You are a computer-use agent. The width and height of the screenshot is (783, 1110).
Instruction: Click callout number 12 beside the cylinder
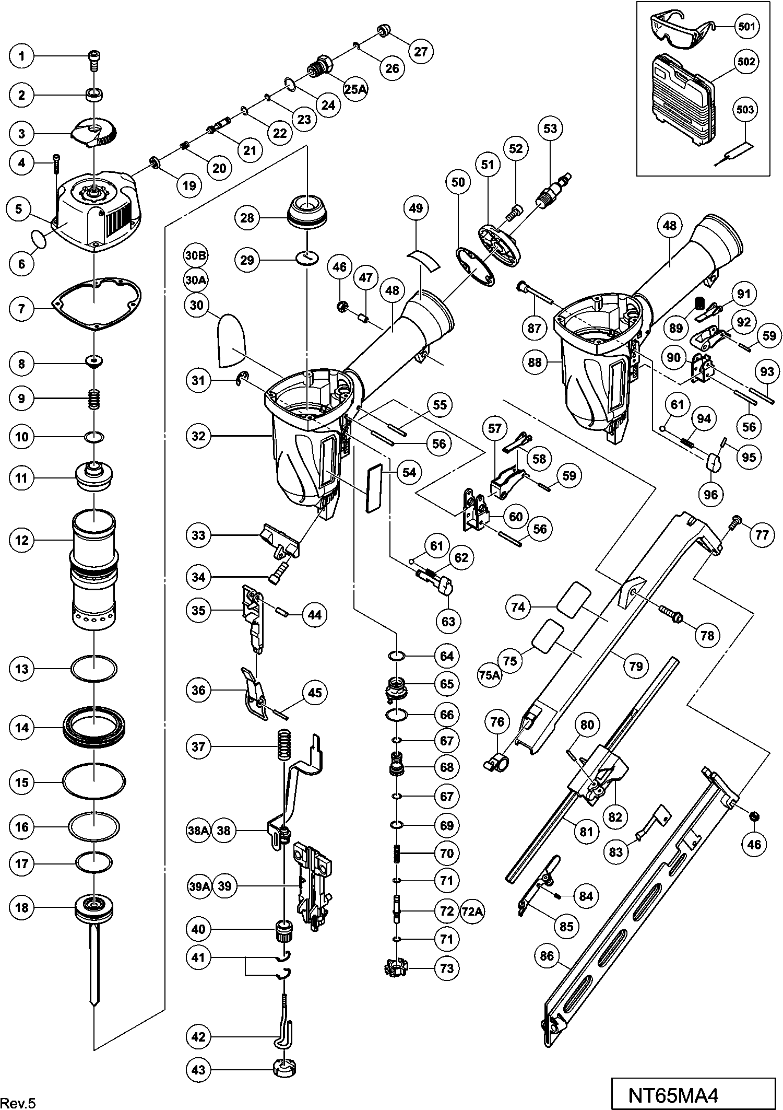click(22, 540)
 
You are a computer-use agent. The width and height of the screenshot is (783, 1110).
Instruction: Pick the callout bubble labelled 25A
click(355, 89)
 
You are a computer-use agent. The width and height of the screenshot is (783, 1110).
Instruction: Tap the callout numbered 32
click(198, 436)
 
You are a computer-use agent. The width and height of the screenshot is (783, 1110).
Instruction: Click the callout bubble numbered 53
click(550, 128)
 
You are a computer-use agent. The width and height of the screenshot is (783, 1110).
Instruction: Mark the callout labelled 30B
click(196, 255)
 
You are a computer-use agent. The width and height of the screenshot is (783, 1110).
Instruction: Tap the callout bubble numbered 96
click(710, 494)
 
